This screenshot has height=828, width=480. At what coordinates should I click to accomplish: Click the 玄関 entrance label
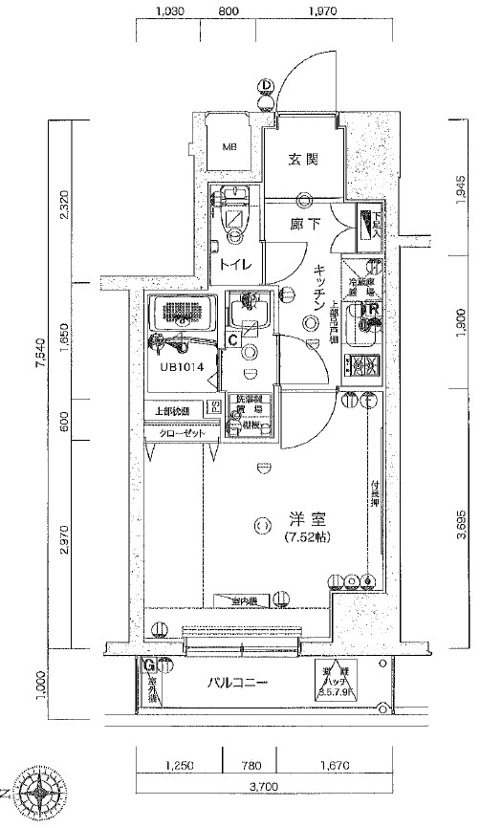point(304,160)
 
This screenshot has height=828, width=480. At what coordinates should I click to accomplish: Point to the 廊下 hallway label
point(304,227)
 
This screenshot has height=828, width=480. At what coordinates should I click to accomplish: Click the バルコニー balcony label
point(239,684)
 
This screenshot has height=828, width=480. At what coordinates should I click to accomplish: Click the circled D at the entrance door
point(265,85)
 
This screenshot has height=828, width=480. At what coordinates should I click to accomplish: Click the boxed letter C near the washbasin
point(233,338)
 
